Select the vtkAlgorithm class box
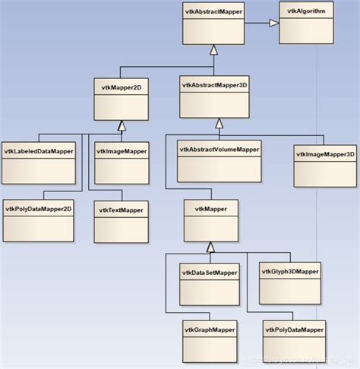pyautogui.click(x=305, y=23)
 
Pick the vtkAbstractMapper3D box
pyautogui.click(x=218, y=96)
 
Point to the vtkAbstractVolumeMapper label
pyautogui.click(x=219, y=149)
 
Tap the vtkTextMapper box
pyautogui.click(x=121, y=219)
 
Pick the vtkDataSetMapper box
pyautogui.click(x=209, y=282)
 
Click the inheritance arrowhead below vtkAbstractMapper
pyautogui.click(x=214, y=51)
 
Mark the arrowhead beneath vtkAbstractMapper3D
pyautogui.click(x=219, y=122)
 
